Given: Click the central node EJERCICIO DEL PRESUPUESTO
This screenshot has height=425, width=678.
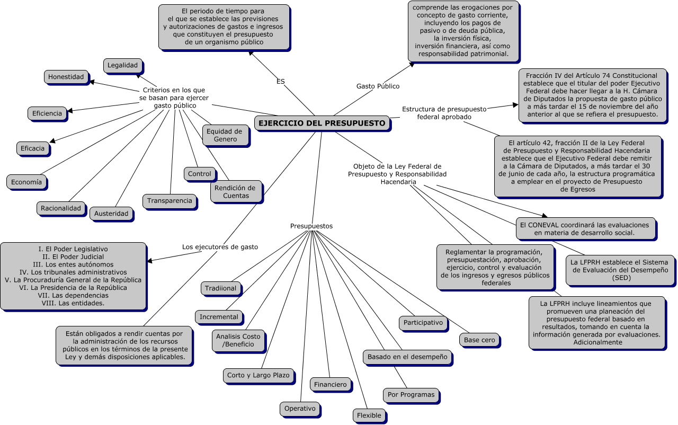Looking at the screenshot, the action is [x=322, y=123].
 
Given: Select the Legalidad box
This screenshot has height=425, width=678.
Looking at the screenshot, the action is [x=122, y=65].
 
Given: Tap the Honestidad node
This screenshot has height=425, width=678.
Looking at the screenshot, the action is [x=66, y=77].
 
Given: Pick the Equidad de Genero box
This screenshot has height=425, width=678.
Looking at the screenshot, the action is [x=225, y=135].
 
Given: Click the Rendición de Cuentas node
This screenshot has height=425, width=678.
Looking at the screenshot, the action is [x=235, y=192].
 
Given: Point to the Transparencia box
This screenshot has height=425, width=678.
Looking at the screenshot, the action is [x=169, y=201].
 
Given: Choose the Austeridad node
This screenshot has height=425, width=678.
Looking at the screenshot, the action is [x=111, y=214].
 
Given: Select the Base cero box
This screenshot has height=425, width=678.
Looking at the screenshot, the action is [x=479, y=340].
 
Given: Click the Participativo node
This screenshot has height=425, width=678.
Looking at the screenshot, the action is [x=423, y=323].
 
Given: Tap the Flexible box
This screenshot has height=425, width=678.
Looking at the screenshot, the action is [x=369, y=415].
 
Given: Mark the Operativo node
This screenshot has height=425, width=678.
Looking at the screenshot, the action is [x=300, y=409].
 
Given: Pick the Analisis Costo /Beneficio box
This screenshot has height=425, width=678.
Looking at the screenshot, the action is [x=238, y=341].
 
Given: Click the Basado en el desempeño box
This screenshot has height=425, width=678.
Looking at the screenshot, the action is [x=407, y=357].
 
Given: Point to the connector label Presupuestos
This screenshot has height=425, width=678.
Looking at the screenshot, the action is [x=311, y=226].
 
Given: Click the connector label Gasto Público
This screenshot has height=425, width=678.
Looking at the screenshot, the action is [x=378, y=86].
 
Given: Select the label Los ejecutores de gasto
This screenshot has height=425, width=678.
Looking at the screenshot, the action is [x=220, y=247].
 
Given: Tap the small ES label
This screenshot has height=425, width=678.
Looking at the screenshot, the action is [x=281, y=82].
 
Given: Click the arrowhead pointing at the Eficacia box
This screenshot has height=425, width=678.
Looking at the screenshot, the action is [x=52, y=141].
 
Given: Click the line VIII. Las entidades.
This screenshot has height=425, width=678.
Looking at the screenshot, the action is [x=73, y=303].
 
